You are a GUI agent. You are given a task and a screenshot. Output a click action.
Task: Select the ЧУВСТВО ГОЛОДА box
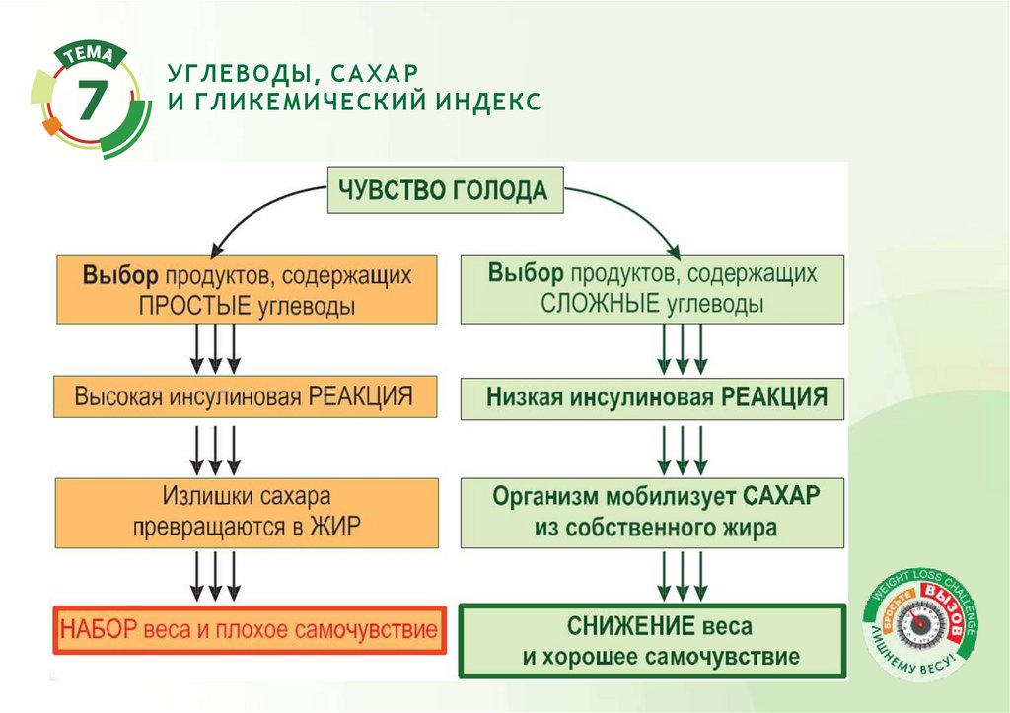[x=444, y=191]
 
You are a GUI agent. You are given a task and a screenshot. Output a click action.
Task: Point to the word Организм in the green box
[x=541, y=494]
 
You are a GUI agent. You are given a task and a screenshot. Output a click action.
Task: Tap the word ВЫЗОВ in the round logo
[x=940, y=599]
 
